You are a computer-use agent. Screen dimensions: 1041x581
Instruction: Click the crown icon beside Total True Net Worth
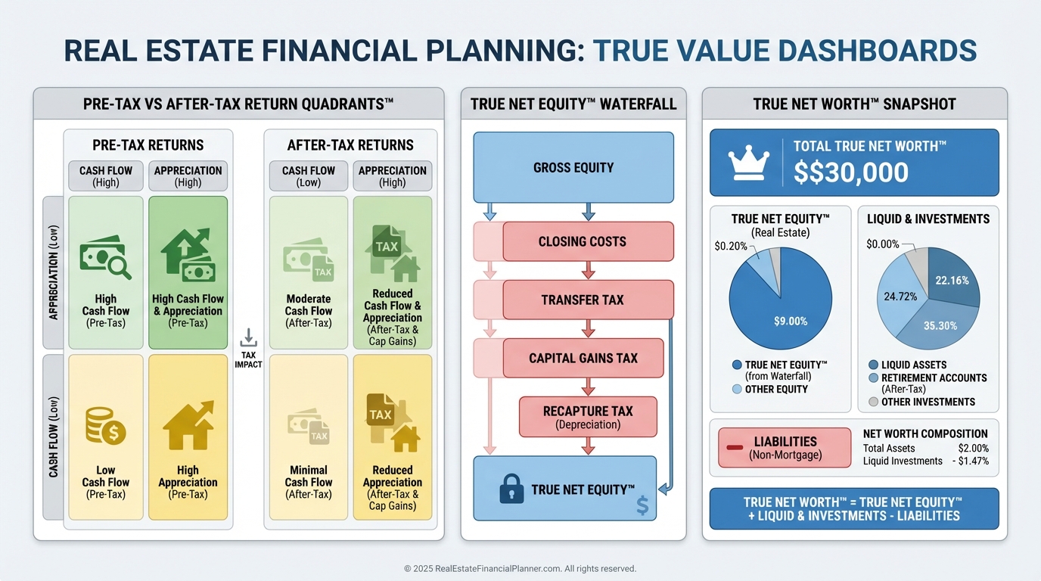(x=748, y=163)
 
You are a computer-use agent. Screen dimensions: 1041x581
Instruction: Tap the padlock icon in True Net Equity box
(x=511, y=489)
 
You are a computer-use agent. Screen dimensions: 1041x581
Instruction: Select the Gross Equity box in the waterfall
(x=573, y=167)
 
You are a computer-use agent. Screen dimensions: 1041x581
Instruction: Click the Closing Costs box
(x=588, y=241)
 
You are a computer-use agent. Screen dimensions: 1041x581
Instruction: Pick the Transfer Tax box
(x=588, y=300)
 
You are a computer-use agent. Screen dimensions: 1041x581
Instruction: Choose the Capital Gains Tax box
(x=583, y=358)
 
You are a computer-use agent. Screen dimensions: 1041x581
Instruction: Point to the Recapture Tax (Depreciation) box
(x=588, y=417)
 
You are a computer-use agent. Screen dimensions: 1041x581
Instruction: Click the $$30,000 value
(x=850, y=172)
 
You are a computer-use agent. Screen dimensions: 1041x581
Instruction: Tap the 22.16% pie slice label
(x=952, y=280)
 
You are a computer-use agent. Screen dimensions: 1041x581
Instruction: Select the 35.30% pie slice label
(x=940, y=326)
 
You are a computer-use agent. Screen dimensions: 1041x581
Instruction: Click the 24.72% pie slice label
(x=900, y=297)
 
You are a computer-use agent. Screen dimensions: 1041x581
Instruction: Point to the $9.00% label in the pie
(x=791, y=322)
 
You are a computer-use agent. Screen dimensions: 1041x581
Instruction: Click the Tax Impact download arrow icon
(x=249, y=337)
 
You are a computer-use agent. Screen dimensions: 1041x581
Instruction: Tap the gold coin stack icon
(x=105, y=426)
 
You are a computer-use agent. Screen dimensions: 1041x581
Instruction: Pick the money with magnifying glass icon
(x=105, y=257)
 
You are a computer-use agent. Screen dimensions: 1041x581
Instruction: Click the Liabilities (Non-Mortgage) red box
(x=785, y=448)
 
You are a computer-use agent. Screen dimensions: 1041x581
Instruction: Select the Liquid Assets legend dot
(x=873, y=365)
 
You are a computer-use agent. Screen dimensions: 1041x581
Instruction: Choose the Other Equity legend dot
(x=737, y=389)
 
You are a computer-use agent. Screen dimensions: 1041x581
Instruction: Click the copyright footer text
(x=520, y=568)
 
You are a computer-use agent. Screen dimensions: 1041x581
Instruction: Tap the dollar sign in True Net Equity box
(x=642, y=505)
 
